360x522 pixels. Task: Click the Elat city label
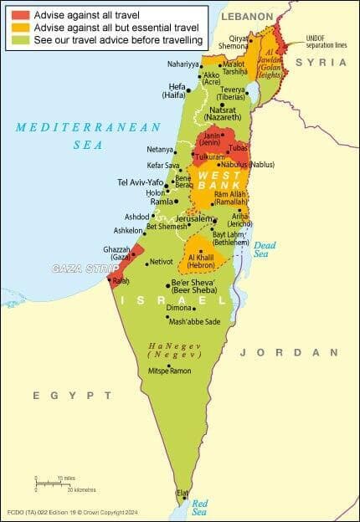[x=183, y=494]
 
